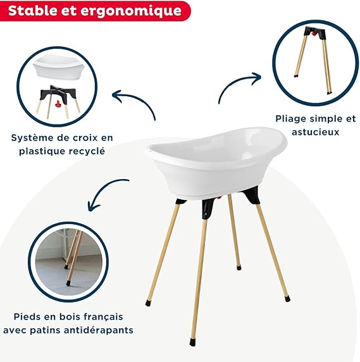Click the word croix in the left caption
click(80, 138)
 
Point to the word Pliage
click(290, 119)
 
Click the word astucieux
click(316, 132)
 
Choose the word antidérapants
click(99, 330)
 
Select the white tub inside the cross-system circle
click(59, 66)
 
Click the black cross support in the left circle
click(59, 92)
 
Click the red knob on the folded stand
click(313, 34)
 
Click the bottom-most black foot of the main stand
click(193, 342)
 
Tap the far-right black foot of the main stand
click(287, 299)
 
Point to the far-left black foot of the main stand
click(149, 303)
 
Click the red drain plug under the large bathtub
click(219, 197)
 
